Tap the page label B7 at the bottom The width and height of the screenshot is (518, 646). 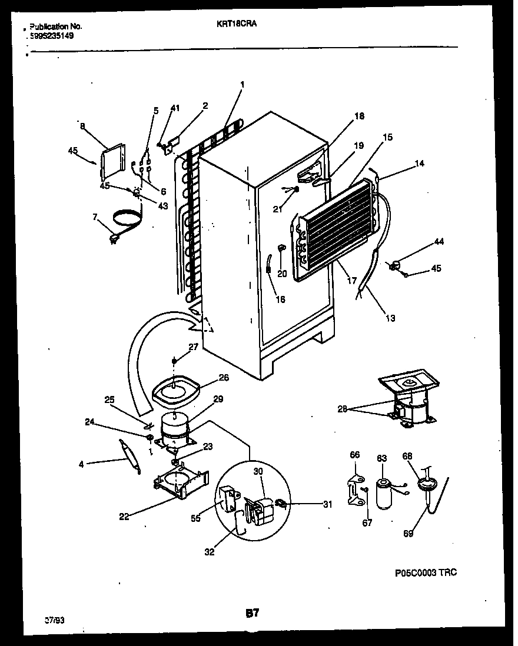[252, 614]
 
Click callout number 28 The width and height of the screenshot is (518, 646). [343, 409]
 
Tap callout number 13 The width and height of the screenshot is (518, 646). [390, 318]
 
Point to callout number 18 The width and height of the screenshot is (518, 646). [360, 116]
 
